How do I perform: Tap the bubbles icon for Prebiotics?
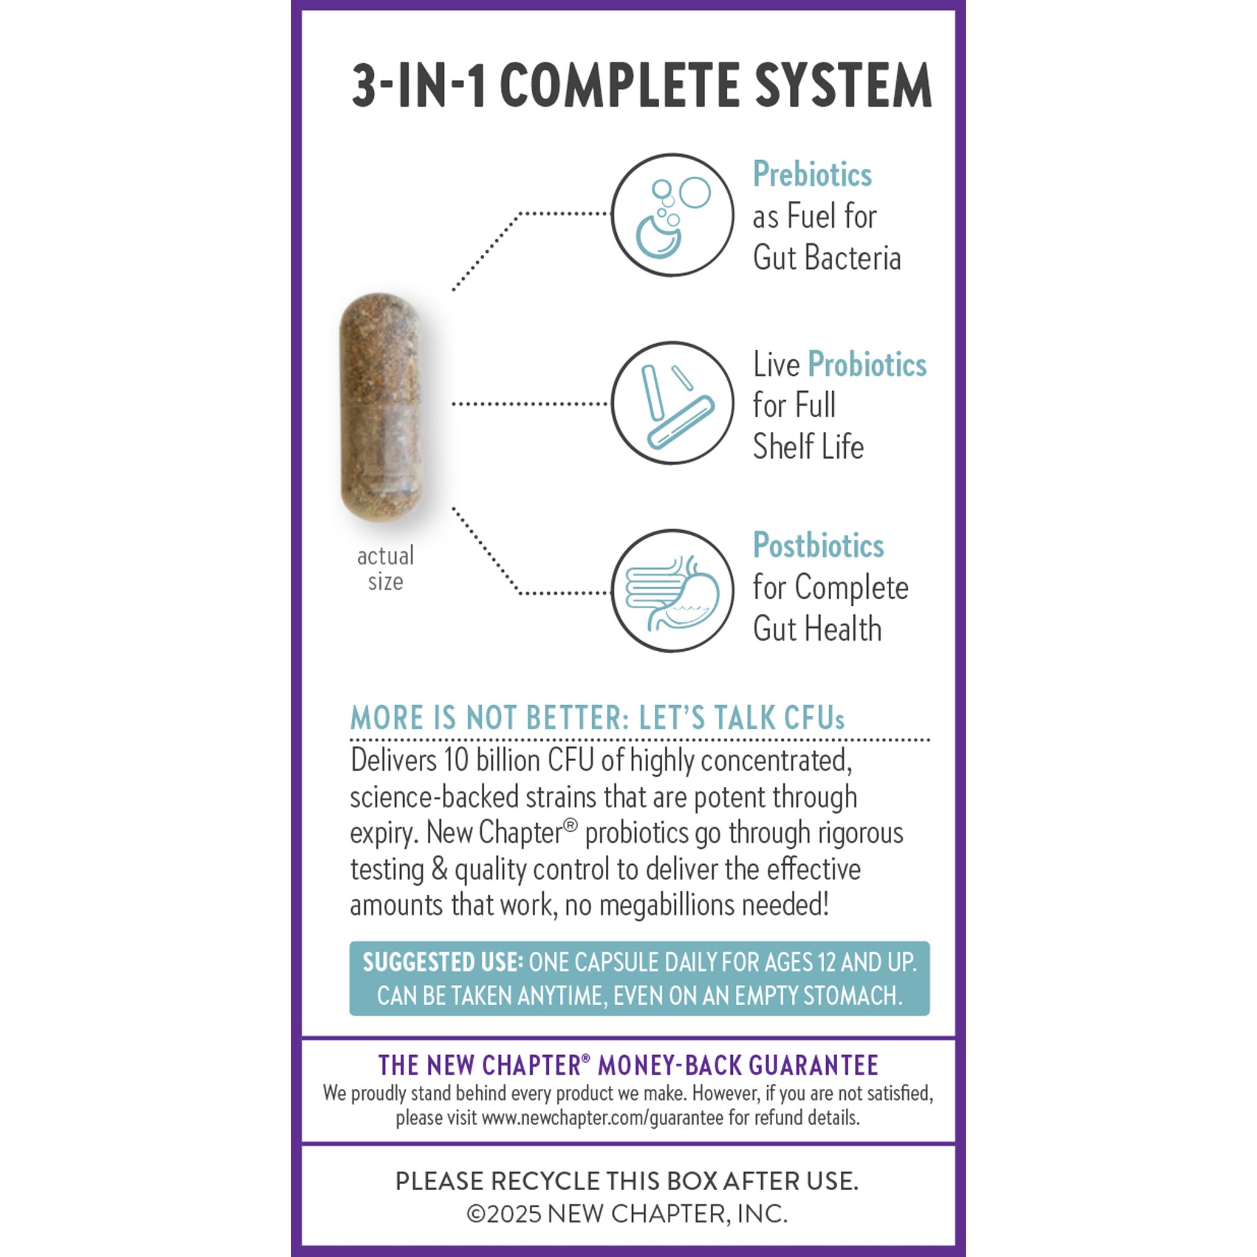[672, 215]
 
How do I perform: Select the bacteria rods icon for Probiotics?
[672, 403]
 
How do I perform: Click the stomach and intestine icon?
[672, 591]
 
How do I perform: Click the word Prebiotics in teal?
[812, 174]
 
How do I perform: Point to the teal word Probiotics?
[867, 365]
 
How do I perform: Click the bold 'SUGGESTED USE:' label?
[443, 962]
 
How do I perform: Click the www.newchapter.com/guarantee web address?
[603, 1118]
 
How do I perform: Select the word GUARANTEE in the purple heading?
[813, 1066]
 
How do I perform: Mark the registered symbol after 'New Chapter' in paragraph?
[570, 825]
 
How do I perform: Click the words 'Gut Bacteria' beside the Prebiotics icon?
[826, 258]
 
